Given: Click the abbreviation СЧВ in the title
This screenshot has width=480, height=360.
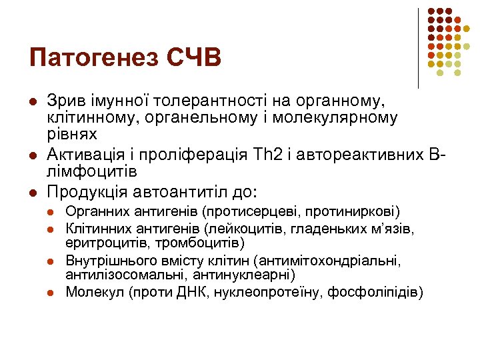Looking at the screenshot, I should [x=191, y=57].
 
